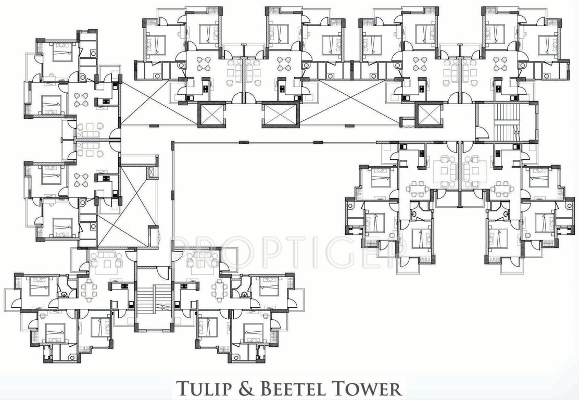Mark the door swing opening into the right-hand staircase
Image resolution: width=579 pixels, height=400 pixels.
(x=483, y=133)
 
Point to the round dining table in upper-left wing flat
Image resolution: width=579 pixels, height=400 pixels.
(x=83, y=100)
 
